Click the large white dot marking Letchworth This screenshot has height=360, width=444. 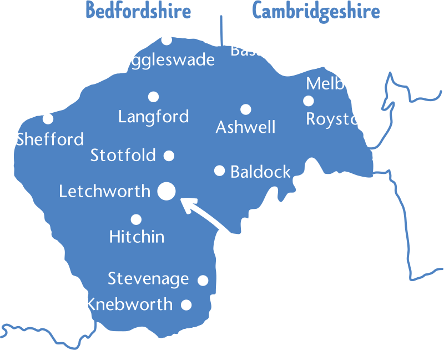[x=167, y=191]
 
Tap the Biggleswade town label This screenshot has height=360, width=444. [x=165, y=59]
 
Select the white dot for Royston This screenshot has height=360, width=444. [x=309, y=101]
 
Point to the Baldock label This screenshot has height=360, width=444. [x=260, y=172]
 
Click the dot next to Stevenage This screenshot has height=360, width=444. [x=203, y=281]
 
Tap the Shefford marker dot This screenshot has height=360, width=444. [x=48, y=118]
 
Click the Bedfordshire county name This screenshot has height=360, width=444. [x=138, y=11]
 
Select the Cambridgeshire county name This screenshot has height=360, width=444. [x=316, y=11]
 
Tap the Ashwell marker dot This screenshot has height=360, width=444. [x=246, y=109]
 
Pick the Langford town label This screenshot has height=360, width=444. [x=154, y=117]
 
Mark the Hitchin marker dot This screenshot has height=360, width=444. [x=136, y=219]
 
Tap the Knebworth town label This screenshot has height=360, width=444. [x=129, y=304]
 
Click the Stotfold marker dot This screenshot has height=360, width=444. [x=169, y=156]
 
